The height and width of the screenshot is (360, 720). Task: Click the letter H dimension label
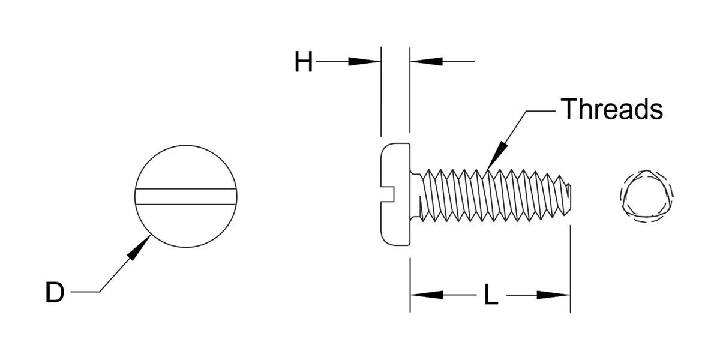[304, 62]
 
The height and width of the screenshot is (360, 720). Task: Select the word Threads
[611, 110]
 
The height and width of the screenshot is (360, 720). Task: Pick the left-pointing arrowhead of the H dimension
[425, 61]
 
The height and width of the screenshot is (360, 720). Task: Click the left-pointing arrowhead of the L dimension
[427, 295]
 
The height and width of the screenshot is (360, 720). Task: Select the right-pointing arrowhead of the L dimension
[553, 295]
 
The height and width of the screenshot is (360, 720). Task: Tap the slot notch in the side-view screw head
[388, 192]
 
